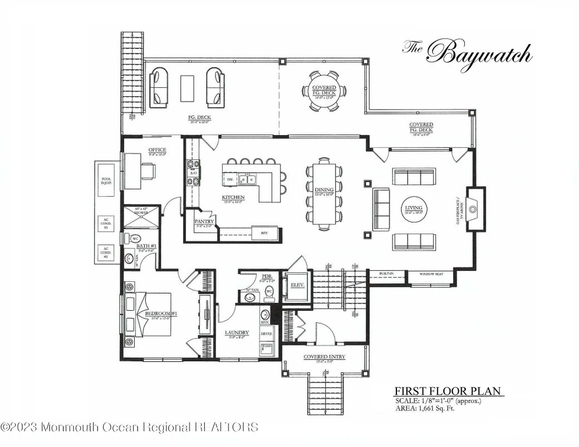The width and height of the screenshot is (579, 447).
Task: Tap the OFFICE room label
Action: click(x=157, y=150)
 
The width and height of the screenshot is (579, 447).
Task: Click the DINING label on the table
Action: click(x=323, y=190)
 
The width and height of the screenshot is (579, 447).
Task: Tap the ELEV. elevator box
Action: click(x=296, y=286)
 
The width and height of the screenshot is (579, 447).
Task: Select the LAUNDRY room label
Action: click(x=237, y=334)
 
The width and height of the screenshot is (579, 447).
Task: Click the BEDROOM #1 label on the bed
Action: click(x=160, y=314)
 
